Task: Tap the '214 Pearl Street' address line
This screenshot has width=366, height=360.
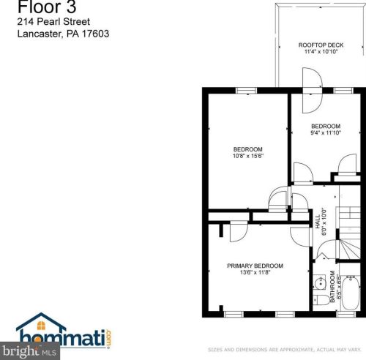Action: click(51, 23)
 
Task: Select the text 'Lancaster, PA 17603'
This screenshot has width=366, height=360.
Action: click(63, 34)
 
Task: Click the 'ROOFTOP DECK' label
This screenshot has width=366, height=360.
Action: click(321, 45)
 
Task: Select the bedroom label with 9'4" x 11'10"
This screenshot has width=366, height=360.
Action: click(326, 129)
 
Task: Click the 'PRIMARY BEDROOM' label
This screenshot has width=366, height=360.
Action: click(255, 266)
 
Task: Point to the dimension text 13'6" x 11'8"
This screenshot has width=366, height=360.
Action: click(255, 273)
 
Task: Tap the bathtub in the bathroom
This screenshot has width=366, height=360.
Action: click(351, 293)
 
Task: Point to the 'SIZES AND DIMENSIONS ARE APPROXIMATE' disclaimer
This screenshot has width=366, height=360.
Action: click(285, 350)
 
